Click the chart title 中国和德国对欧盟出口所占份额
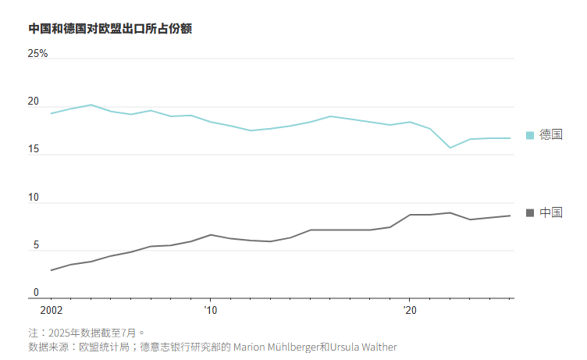[110, 29]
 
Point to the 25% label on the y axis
[38, 54]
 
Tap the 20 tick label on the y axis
[33, 102]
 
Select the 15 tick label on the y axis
[33, 150]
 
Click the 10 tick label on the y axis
[33, 198]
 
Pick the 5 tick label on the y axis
[34, 246]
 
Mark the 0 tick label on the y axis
[35, 293]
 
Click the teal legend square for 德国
[530, 135]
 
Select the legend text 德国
[550, 135]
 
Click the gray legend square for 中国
[530, 212]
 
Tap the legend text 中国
[550, 212]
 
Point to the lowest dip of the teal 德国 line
[450, 148]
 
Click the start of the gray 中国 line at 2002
[52, 270]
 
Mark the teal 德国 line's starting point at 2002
[52, 113]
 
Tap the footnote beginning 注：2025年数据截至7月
[87, 333]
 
